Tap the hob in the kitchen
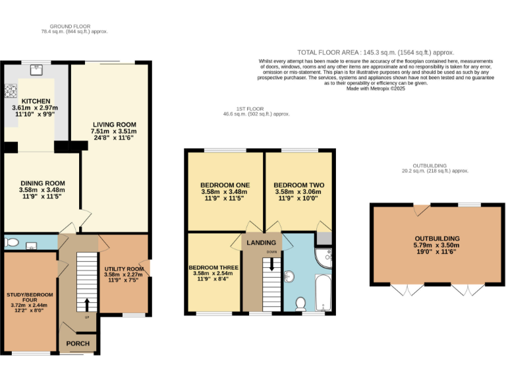pyautogui.click(x=12, y=92)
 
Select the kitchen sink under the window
pyautogui.click(x=36, y=67)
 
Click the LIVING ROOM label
pyautogui.click(x=113, y=124)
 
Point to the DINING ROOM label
pyautogui.click(x=42, y=183)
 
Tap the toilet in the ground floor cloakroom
pyautogui.click(x=11, y=243)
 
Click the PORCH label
pyautogui.click(x=77, y=344)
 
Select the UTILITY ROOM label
pyautogui.click(x=124, y=269)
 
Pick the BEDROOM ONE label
pyautogui.click(x=224, y=185)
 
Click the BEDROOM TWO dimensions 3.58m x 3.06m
pyautogui.click(x=297, y=192)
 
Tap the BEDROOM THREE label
pyautogui.click(x=213, y=267)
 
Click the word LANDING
pyautogui.click(x=261, y=243)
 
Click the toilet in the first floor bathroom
pyautogui.click(x=300, y=304)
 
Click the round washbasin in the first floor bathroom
pyautogui.click(x=290, y=275)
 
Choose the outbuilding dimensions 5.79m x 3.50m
pyautogui.click(x=437, y=245)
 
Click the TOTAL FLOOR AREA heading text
pyautogui.click(x=376, y=52)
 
